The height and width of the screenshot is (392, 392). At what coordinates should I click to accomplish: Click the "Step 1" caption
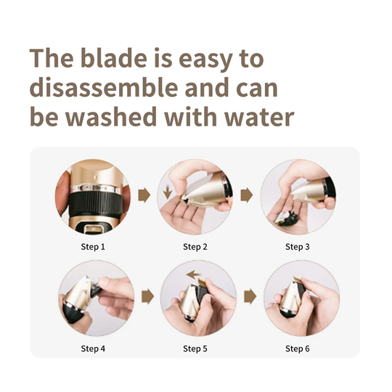pos(93,247)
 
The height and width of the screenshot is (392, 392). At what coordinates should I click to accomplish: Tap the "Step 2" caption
pos(195,247)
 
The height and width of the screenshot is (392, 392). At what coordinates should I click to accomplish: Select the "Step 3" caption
pos(298,247)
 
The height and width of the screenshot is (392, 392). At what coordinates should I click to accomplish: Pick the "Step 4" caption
pos(93,348)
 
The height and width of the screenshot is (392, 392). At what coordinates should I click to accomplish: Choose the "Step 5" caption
pos(195,348)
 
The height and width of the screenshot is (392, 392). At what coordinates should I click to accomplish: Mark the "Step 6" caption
pos(298,348)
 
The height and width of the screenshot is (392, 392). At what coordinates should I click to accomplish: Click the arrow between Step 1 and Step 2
pos(144,195)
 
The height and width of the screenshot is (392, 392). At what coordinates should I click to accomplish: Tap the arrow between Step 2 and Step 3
pos(246,195)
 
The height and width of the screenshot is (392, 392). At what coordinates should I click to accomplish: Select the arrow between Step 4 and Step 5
pos(147,297)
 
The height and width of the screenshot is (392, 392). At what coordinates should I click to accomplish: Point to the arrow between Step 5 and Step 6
pos(250,297)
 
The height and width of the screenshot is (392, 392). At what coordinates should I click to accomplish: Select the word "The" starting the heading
pos(53,57)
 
